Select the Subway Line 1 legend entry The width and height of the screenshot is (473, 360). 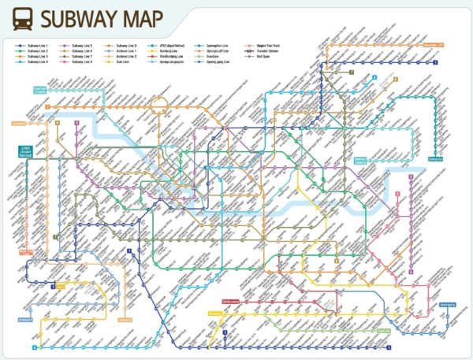pos(35,46)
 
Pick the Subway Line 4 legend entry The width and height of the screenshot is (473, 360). pos(35,61)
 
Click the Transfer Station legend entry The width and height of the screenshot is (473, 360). pos(269,51)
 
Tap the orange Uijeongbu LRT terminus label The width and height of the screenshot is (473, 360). pos(432,46)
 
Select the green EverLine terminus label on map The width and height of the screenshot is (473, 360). pos(382,330)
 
